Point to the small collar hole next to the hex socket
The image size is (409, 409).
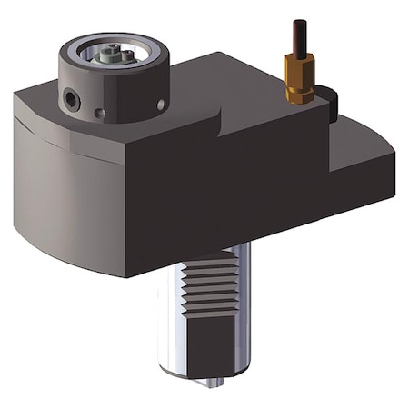(99, 114)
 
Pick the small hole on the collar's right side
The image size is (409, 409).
(161, 105)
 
